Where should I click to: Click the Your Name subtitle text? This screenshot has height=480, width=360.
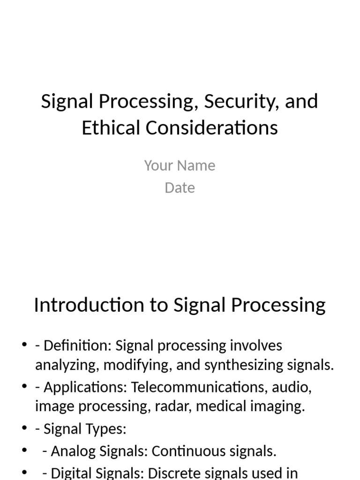[180, 165]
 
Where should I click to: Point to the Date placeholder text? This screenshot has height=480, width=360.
[180, 188]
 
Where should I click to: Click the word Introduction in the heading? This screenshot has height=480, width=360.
[97, 305]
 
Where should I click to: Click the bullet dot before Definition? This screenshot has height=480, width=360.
[24, 346]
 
